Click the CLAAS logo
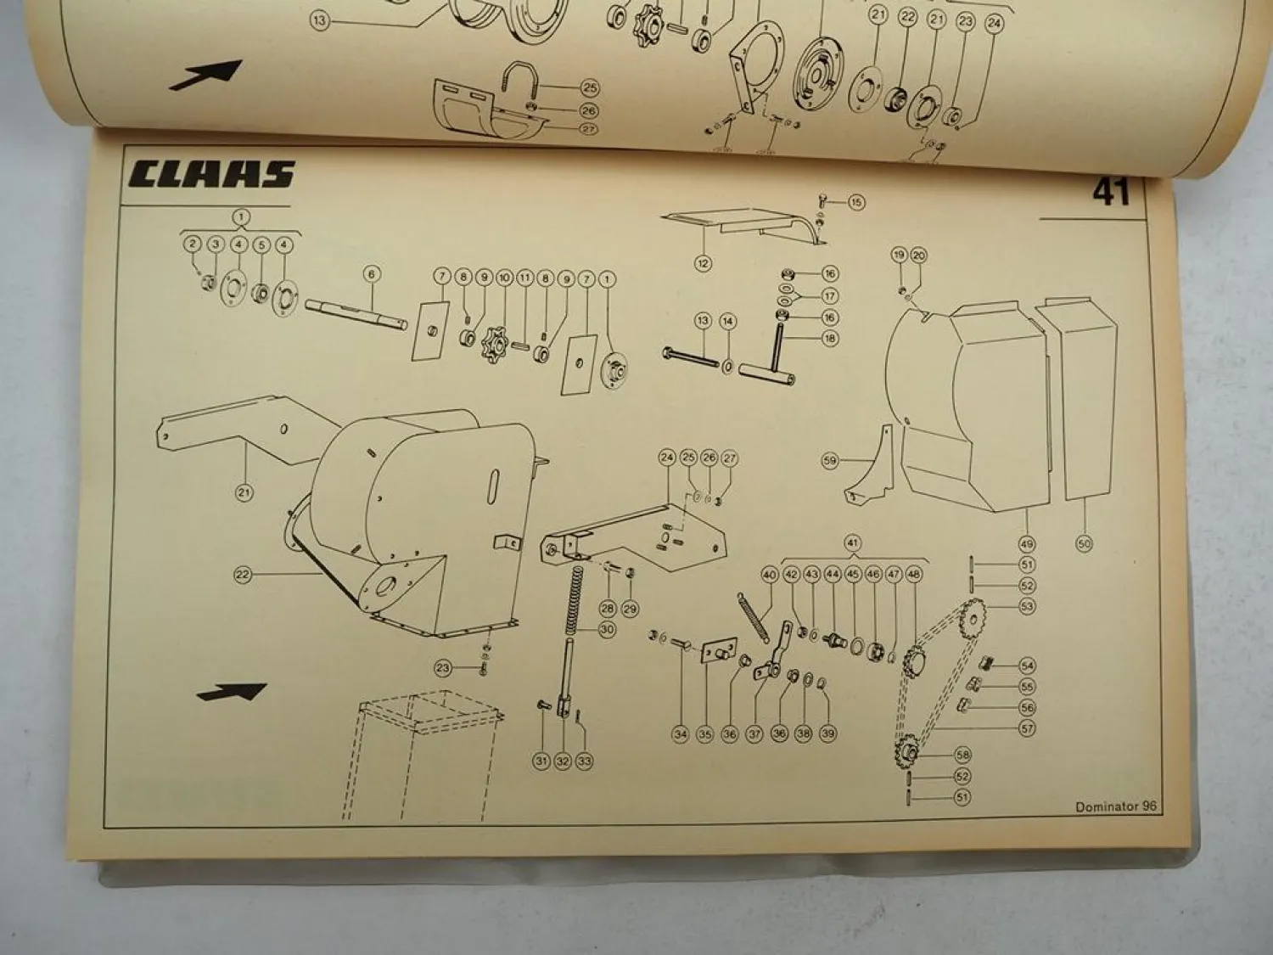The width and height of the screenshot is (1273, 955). pyautogui.click(x=211, y=174)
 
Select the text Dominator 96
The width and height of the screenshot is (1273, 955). pyautogui.click(x=1115, y=806)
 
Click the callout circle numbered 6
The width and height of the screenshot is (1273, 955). pyautogui.click(x=371, y=273)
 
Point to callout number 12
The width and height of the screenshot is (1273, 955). pyautogui.click(x=703, y=263)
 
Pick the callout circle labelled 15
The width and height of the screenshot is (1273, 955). pyautogui.click(x=855, y=202)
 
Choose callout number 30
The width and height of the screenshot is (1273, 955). pyautogui.click(x=607, y=630)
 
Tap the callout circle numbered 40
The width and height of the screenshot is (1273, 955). pyautogui.click(x=770, y=575)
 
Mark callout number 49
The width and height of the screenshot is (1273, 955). pyautogui.click(x=1027, y=543)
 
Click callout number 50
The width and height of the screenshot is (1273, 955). pyautogui.click(x=1084, y=543)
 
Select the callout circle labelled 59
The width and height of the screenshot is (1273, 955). pyautogui.click(x=830, y=461)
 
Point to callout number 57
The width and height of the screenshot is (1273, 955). pyautogui.click(x=1027, y=728)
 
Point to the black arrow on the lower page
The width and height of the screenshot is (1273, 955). pyautogui.click(x=232, y=692)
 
